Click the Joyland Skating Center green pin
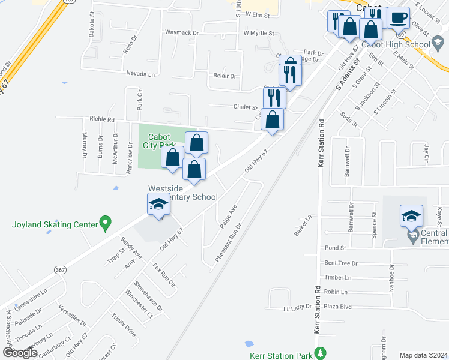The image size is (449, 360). coord(105,224)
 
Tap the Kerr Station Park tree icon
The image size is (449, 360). coord(322,353)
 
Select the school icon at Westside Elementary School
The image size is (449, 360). coord(158,205)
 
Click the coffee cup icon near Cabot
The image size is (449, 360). coord(398,17)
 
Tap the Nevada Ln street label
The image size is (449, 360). coord(140,74)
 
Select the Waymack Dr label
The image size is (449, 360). coord(181,32)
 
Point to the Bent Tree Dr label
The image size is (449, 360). coord(340,263)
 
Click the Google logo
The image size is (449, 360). coord(20,352)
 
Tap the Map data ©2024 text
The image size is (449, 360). coord(423,355)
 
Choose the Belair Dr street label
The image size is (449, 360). coord(224,76)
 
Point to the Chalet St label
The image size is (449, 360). coord(245,107)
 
